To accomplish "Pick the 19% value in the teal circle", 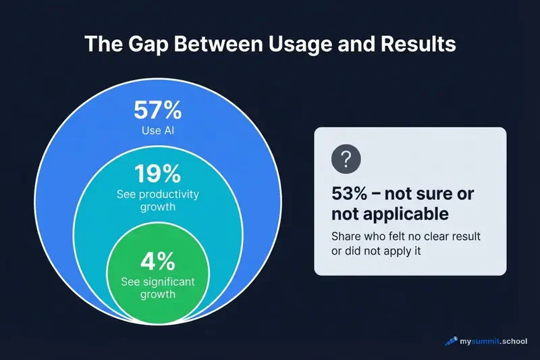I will (157, 174).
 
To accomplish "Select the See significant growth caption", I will (157, 288).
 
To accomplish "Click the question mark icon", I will (346, 159).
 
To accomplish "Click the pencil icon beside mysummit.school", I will (451, 341).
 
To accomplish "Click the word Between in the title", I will (218, 45).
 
